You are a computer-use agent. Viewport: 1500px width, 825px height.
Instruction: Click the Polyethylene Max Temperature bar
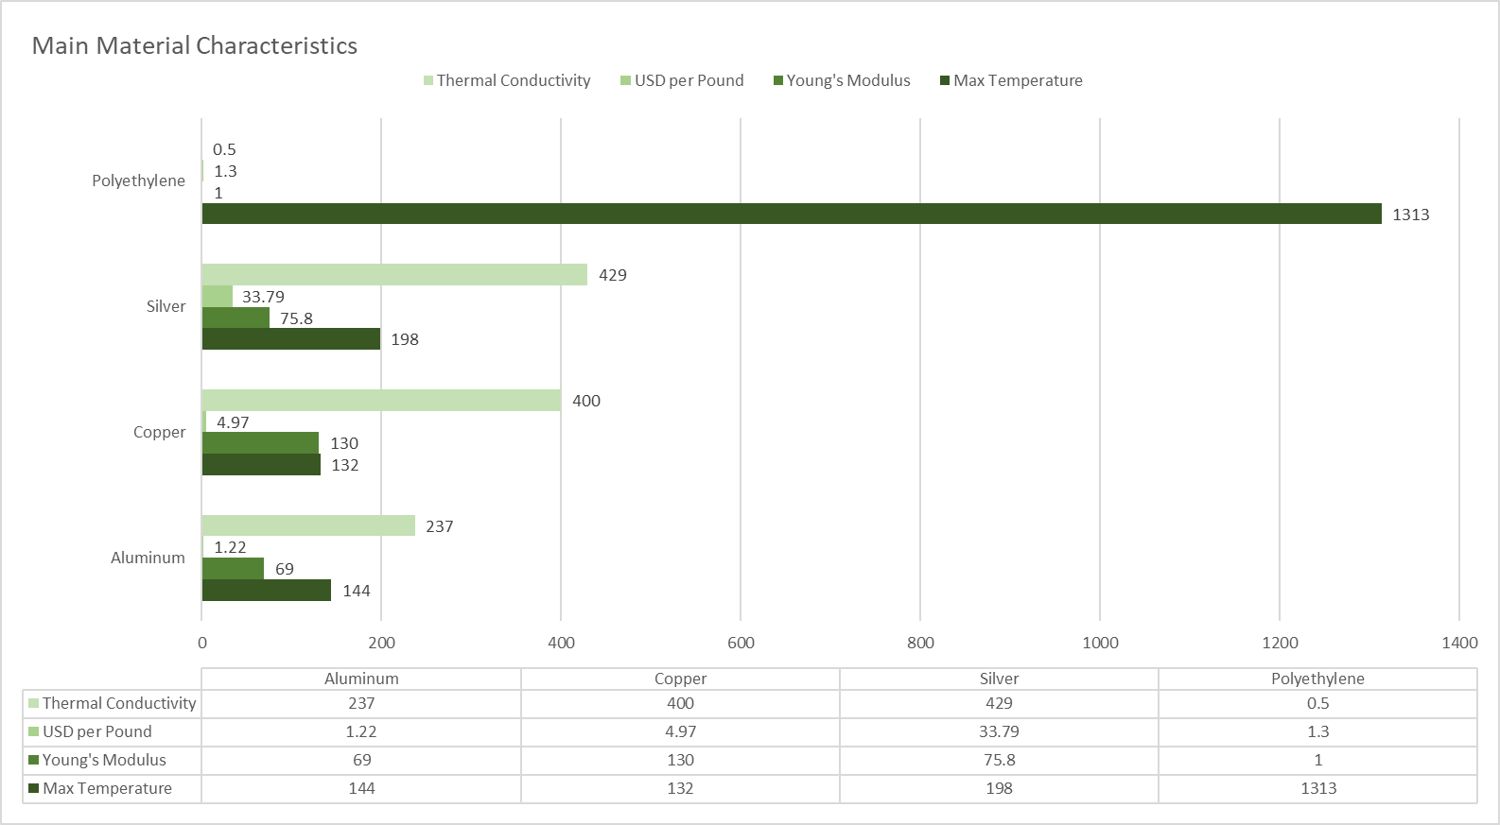tap(792, 214)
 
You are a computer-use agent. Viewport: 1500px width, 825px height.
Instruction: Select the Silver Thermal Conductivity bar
tap(394, 275)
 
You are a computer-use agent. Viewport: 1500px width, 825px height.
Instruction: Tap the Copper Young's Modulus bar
tap(260, 442)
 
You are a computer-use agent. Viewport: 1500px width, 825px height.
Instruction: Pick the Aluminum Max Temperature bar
tap(267, 591)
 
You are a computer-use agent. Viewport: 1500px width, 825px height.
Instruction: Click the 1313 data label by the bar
tap(1410, 215)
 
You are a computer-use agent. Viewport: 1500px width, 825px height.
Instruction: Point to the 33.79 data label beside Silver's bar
tap(263, 297)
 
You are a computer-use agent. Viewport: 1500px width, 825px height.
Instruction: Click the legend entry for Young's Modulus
tap(847, 80)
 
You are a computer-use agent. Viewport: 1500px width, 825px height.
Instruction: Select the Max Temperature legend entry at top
tap(1017, 80)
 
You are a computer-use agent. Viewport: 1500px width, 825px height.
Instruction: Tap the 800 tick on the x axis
tap(920, 643)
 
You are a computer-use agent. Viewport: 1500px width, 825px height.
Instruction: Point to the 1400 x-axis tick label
tap(1458, 643)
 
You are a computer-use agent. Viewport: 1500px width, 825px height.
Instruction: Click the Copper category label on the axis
tap(159, 432)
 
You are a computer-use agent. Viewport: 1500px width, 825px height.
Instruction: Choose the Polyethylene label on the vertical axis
tap(138, 180)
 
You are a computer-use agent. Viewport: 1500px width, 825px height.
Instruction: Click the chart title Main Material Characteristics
tap(195, 45)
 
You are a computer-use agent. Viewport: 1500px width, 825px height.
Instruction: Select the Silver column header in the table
tap(999, 679)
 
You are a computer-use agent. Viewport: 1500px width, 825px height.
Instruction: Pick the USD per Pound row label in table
tap(96, 731)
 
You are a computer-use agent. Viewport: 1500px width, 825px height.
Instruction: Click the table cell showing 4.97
tap(680, 731)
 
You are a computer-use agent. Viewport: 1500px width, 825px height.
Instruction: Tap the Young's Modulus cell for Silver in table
tap(999, 760)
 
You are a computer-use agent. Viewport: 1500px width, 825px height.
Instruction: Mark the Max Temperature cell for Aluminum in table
tap(361, 788)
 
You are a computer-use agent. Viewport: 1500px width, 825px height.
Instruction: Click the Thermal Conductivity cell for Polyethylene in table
tap(1317, 703)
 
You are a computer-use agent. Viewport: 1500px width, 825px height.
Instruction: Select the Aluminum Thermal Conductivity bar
tap(308, 525)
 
